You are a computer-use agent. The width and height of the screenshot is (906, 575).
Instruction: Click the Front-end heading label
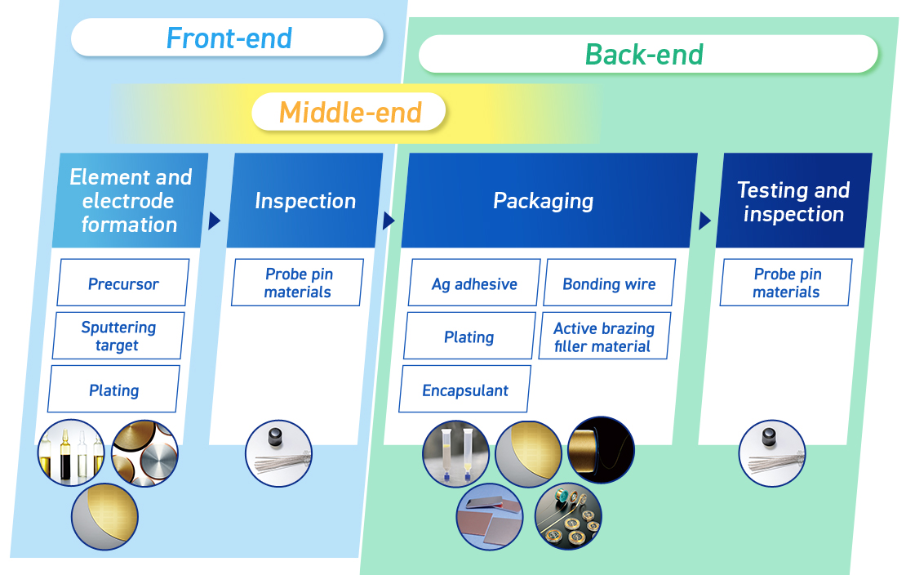coord(228,38)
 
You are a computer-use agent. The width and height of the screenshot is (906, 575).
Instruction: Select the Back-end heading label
coord(645,55)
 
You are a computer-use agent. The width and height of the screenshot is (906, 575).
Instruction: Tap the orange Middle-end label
coord(350,112)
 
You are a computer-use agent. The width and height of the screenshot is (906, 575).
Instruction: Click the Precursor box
coord(123,283)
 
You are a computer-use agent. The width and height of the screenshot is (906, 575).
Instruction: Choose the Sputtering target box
coord(118,336)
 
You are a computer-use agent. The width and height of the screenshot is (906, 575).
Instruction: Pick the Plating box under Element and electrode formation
coord(113,390)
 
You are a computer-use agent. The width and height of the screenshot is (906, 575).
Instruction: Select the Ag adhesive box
coord(474,283)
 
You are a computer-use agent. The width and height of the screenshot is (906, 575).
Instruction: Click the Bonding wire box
coord(609,283)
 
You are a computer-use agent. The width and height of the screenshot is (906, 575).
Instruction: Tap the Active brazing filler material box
coord(604,337)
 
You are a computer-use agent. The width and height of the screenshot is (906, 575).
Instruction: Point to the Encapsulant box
coord(465,390)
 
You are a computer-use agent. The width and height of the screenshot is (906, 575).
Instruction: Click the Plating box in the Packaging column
coord(469,337)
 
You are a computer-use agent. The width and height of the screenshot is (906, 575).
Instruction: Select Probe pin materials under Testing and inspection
coord(786,283)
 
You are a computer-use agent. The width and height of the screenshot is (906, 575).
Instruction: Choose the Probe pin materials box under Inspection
coord(297,283)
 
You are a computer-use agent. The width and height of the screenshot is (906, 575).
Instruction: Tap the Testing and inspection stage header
coord(793,201)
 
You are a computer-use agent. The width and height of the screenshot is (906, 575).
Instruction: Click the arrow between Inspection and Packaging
coord(389,221)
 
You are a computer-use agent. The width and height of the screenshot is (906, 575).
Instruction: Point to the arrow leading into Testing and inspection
coord(704,221)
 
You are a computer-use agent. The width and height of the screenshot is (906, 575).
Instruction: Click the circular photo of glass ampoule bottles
coord(72,453)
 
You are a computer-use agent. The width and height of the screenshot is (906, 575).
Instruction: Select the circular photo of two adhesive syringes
coord(455,453)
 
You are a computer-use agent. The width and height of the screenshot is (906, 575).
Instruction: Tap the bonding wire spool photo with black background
coord(601,450)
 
